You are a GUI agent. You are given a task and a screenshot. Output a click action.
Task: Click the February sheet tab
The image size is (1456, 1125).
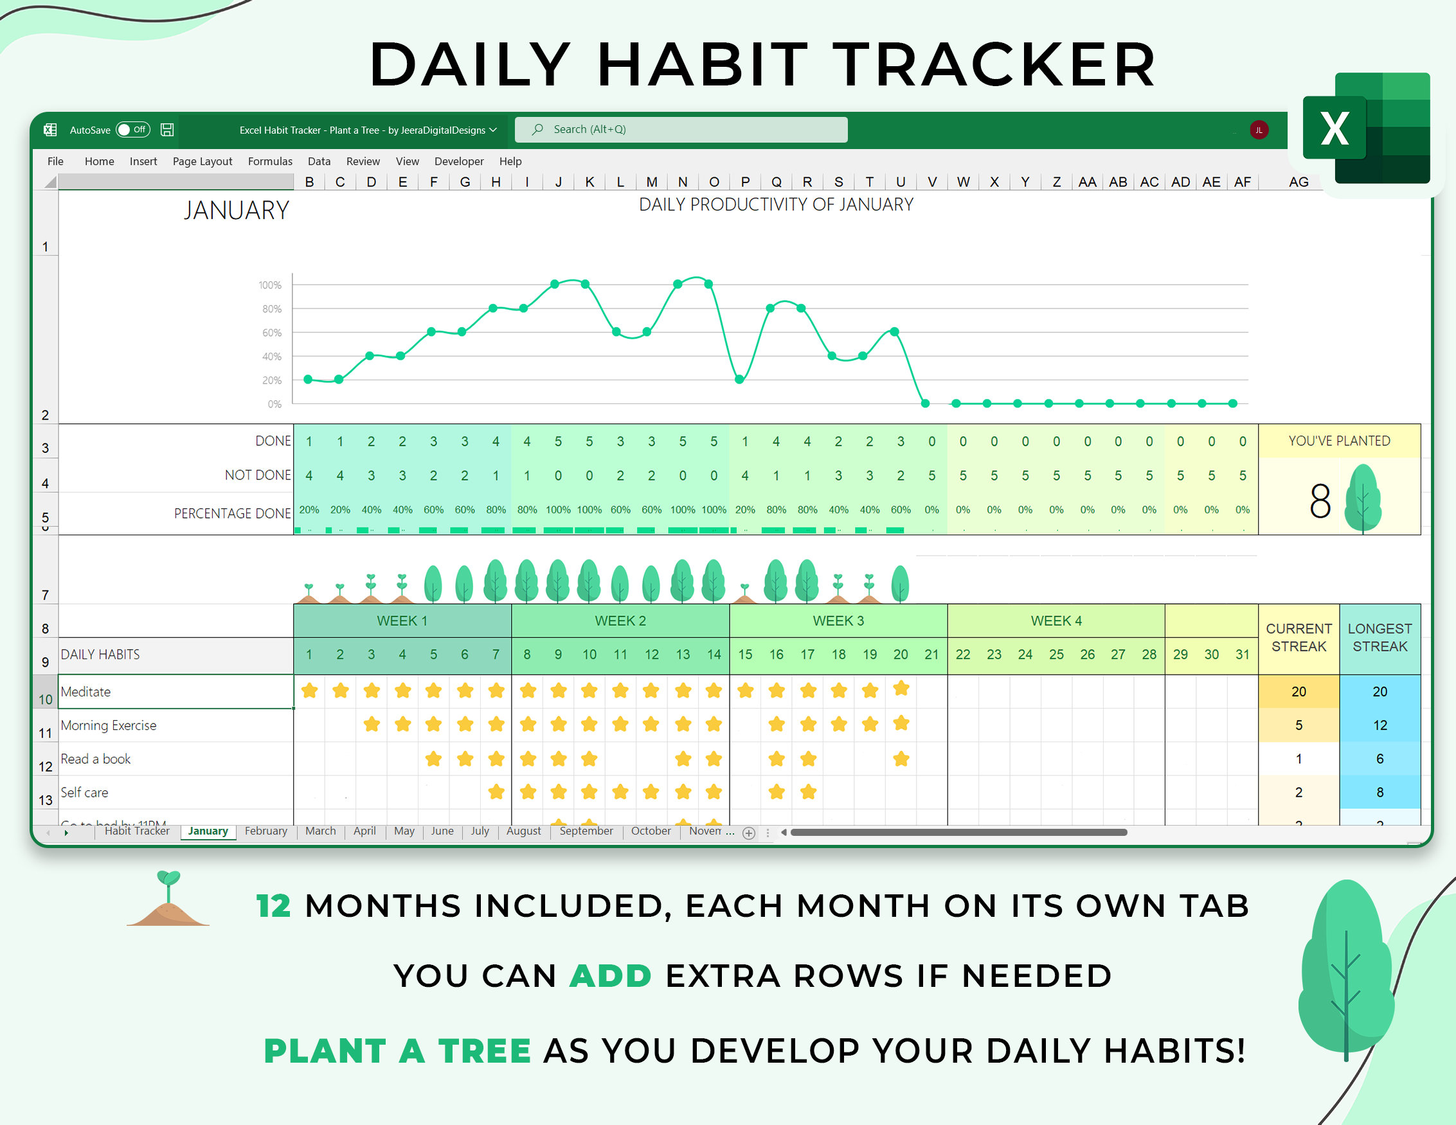coord(265,831)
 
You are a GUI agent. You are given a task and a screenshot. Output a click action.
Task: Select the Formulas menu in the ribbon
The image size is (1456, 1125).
coord(270,161)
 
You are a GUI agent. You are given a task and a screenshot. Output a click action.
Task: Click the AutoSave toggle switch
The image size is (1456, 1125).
coord(132,129)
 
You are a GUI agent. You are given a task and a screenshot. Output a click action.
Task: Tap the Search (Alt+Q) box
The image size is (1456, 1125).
coord(680,129)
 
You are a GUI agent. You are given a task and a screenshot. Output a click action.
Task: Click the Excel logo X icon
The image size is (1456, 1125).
coord(1334,128)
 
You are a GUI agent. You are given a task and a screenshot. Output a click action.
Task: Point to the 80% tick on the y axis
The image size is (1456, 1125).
coord(271,308)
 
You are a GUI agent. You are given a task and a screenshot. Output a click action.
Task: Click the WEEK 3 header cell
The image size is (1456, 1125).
coord(838,621)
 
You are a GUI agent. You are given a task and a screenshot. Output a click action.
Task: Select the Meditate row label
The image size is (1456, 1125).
coord(85,691)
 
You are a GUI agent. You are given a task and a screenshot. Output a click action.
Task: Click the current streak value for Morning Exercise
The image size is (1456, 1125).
coord(1298,725)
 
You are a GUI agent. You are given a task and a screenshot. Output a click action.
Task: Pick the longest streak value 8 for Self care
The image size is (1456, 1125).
coord(1380,792)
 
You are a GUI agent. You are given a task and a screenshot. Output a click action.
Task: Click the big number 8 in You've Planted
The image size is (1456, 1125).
coord(1319,501)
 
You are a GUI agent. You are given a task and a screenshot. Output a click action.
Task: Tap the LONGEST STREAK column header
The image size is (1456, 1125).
coord(1380,637)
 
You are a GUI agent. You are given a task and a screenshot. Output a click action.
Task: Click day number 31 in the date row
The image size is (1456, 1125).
coord(1242,655)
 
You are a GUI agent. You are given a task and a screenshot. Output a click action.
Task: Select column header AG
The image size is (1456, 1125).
coord(1298,182)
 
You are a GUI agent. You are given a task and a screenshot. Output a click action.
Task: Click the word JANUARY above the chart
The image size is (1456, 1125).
coord(236,211)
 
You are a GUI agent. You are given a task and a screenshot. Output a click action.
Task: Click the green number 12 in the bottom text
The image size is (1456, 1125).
coord(273,906)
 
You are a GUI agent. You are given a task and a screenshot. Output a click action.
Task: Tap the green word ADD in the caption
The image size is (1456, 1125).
coord(610,976)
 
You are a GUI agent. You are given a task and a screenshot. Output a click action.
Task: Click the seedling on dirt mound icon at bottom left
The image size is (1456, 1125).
coord(168,899)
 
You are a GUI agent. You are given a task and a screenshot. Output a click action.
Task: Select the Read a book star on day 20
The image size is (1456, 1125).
coord(901,758)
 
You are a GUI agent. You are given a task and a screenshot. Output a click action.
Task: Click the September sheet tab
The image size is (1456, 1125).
coord(586,831)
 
